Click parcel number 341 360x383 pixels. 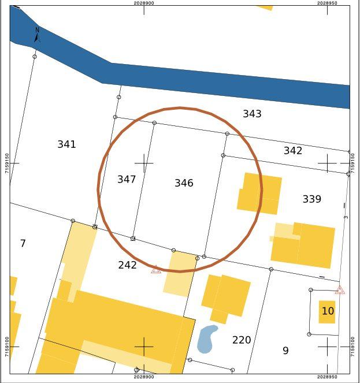66,144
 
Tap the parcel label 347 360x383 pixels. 127,179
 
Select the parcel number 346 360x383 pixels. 184,183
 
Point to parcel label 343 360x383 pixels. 252,114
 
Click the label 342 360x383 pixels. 293,151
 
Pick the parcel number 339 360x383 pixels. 311,199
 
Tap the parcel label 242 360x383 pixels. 127,265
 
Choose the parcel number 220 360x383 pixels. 242,340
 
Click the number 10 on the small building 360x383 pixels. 328,311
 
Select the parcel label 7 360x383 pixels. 23,243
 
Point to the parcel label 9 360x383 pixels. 285,351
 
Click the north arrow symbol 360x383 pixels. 37,35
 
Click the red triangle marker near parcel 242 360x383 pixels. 156,269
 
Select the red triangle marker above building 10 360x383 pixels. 340,290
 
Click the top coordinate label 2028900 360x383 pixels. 143,3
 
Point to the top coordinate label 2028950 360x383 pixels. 327,3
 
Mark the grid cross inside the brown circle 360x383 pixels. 143,163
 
